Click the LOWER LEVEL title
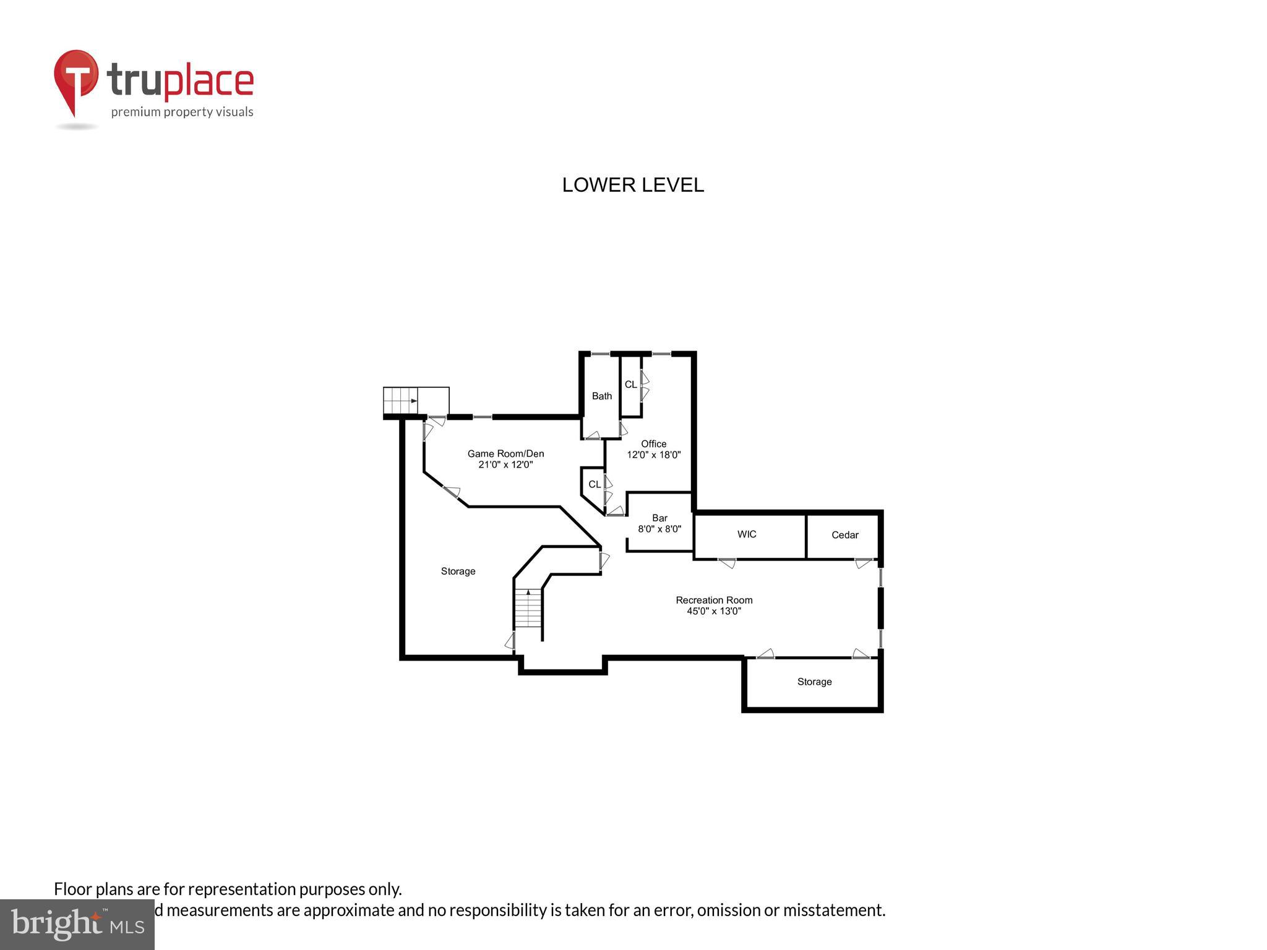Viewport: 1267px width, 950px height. [633, 185]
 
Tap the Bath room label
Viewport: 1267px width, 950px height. [601, 396]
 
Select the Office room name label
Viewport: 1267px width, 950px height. [653, 443]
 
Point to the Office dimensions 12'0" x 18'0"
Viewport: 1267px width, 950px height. [653, 455]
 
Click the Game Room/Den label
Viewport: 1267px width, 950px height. [505, 453]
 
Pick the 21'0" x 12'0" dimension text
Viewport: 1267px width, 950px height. [505, 464]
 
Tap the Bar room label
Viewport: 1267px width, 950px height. [659, 518]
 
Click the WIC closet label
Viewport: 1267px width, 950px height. [747, 534]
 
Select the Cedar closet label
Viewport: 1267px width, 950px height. [844, 535]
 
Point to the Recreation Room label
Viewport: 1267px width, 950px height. [714, 600]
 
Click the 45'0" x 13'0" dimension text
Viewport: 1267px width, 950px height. [714, 611]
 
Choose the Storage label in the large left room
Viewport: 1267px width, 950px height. [458, 571]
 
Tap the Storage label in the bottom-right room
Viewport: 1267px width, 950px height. [814, 682]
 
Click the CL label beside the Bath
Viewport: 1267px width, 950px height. [630, 385]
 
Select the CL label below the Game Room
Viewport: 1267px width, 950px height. [594, 484]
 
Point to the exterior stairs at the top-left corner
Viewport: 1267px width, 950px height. [401, 401]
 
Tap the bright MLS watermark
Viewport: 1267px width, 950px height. [77, 924]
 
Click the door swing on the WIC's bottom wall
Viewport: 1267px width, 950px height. [728, 563]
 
